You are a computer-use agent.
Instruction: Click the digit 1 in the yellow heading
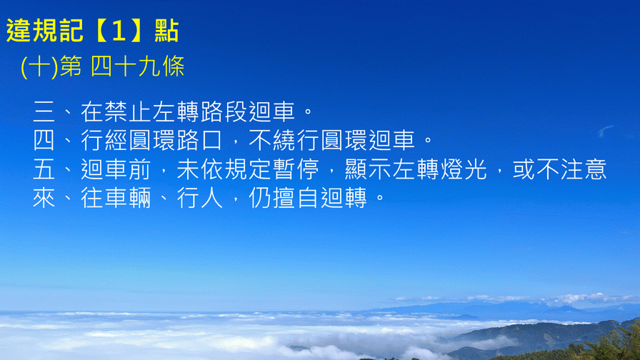(119, 31)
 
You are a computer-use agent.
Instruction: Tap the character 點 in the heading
(167, 31)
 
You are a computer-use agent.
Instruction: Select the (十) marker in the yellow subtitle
(39, 66)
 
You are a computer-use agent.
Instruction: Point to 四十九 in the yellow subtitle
(125, 66)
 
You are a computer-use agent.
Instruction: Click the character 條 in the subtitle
(173, 66)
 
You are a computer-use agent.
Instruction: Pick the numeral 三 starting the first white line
(44, 112)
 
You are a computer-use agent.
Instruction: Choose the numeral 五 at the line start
(44, 169)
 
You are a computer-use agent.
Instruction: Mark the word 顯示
(368, 169)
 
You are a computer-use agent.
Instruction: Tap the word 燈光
(464, 169)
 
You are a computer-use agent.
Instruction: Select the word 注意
(584, 169)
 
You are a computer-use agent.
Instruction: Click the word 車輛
(128, 198)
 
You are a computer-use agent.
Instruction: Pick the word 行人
(199, 198)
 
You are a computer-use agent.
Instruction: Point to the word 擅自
(296, 198)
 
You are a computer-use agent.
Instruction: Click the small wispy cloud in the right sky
(605, 131)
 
